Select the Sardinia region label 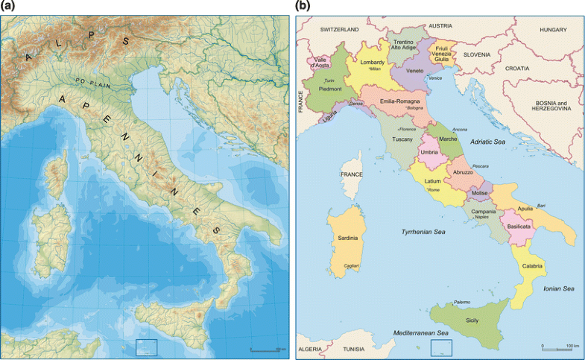tap(349, 238)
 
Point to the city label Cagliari tap(352, 265)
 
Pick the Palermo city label tap(462, 302)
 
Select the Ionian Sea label tap(557, 288)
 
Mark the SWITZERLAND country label tap(339, 29)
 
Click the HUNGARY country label tap(554, 29)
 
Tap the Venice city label tap(435, 78)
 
